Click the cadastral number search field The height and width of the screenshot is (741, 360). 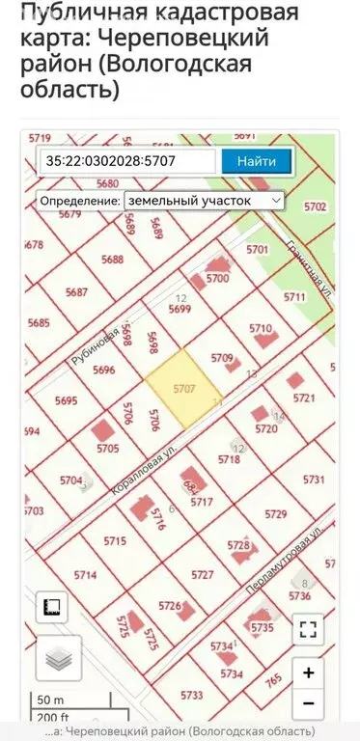point(128,161)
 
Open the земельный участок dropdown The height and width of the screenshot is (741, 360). point(204,201)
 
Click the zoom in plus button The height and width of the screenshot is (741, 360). point(308,672)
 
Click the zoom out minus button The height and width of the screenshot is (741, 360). point(308,704)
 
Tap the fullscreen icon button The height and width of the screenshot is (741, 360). point(308,630)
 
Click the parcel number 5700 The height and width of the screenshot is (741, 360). point(217,279)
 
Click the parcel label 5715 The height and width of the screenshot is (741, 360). point(115,540)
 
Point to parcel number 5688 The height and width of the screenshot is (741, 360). point(113,260)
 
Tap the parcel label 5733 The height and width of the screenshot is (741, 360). point(192,695)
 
